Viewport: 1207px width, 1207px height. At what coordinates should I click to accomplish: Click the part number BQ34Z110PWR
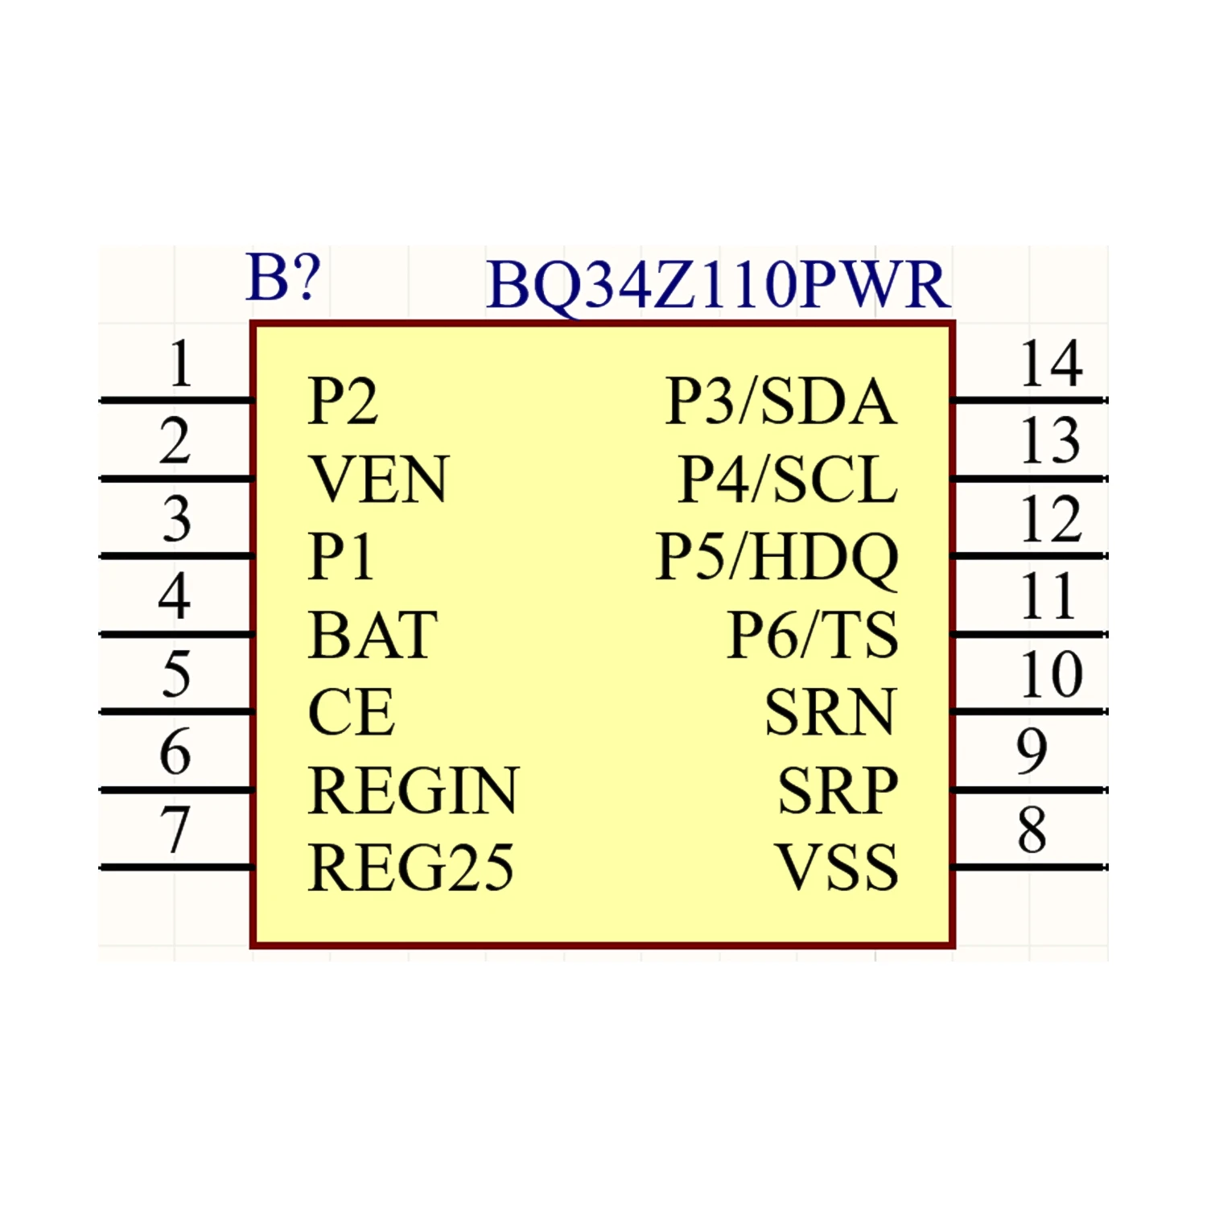[x=718, y=285]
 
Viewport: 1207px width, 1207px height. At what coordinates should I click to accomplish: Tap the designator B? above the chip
[x=283, y=278]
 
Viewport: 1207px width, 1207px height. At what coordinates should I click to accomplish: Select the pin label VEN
[x=378, y=480]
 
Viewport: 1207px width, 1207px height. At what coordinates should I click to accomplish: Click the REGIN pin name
[x=414, y=791]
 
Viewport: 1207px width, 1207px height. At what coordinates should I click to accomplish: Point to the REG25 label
[x=410, y=868]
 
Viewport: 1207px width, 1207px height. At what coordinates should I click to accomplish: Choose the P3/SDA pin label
[x=781, y=402]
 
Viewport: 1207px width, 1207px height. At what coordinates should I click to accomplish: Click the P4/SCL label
[x=787, y=480]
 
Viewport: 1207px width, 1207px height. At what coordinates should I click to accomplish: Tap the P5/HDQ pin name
[x=777, y=557]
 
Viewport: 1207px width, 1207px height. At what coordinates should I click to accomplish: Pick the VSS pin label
[x=836, y=868]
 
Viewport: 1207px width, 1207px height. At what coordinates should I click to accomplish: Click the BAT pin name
[x=373, y=636]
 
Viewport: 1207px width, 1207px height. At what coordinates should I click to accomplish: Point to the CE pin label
[x=352, y=713]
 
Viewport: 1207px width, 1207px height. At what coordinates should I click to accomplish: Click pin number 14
[x=1051, y=364]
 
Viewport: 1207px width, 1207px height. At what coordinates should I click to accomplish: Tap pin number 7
[x=175, y=829]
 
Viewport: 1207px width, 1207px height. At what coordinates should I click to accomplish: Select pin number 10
[x=1051, y=674]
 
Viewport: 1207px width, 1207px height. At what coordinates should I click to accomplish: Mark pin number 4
[x=175, y=596]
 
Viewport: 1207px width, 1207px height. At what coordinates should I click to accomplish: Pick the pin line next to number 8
[x=1030, y=867]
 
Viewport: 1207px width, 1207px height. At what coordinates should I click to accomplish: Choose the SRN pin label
[x=830, y=713]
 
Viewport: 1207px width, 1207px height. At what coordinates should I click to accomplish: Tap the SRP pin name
[x=837, y=791]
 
